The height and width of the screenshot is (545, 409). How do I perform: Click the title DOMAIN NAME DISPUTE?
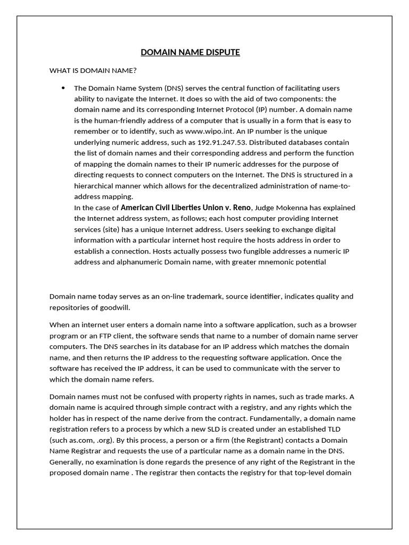[190, 52]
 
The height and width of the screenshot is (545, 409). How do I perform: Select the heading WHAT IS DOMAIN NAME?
[93, 70]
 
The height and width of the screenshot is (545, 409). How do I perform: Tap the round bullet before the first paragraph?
[63, 88]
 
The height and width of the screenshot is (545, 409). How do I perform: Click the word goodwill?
[113, 307]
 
